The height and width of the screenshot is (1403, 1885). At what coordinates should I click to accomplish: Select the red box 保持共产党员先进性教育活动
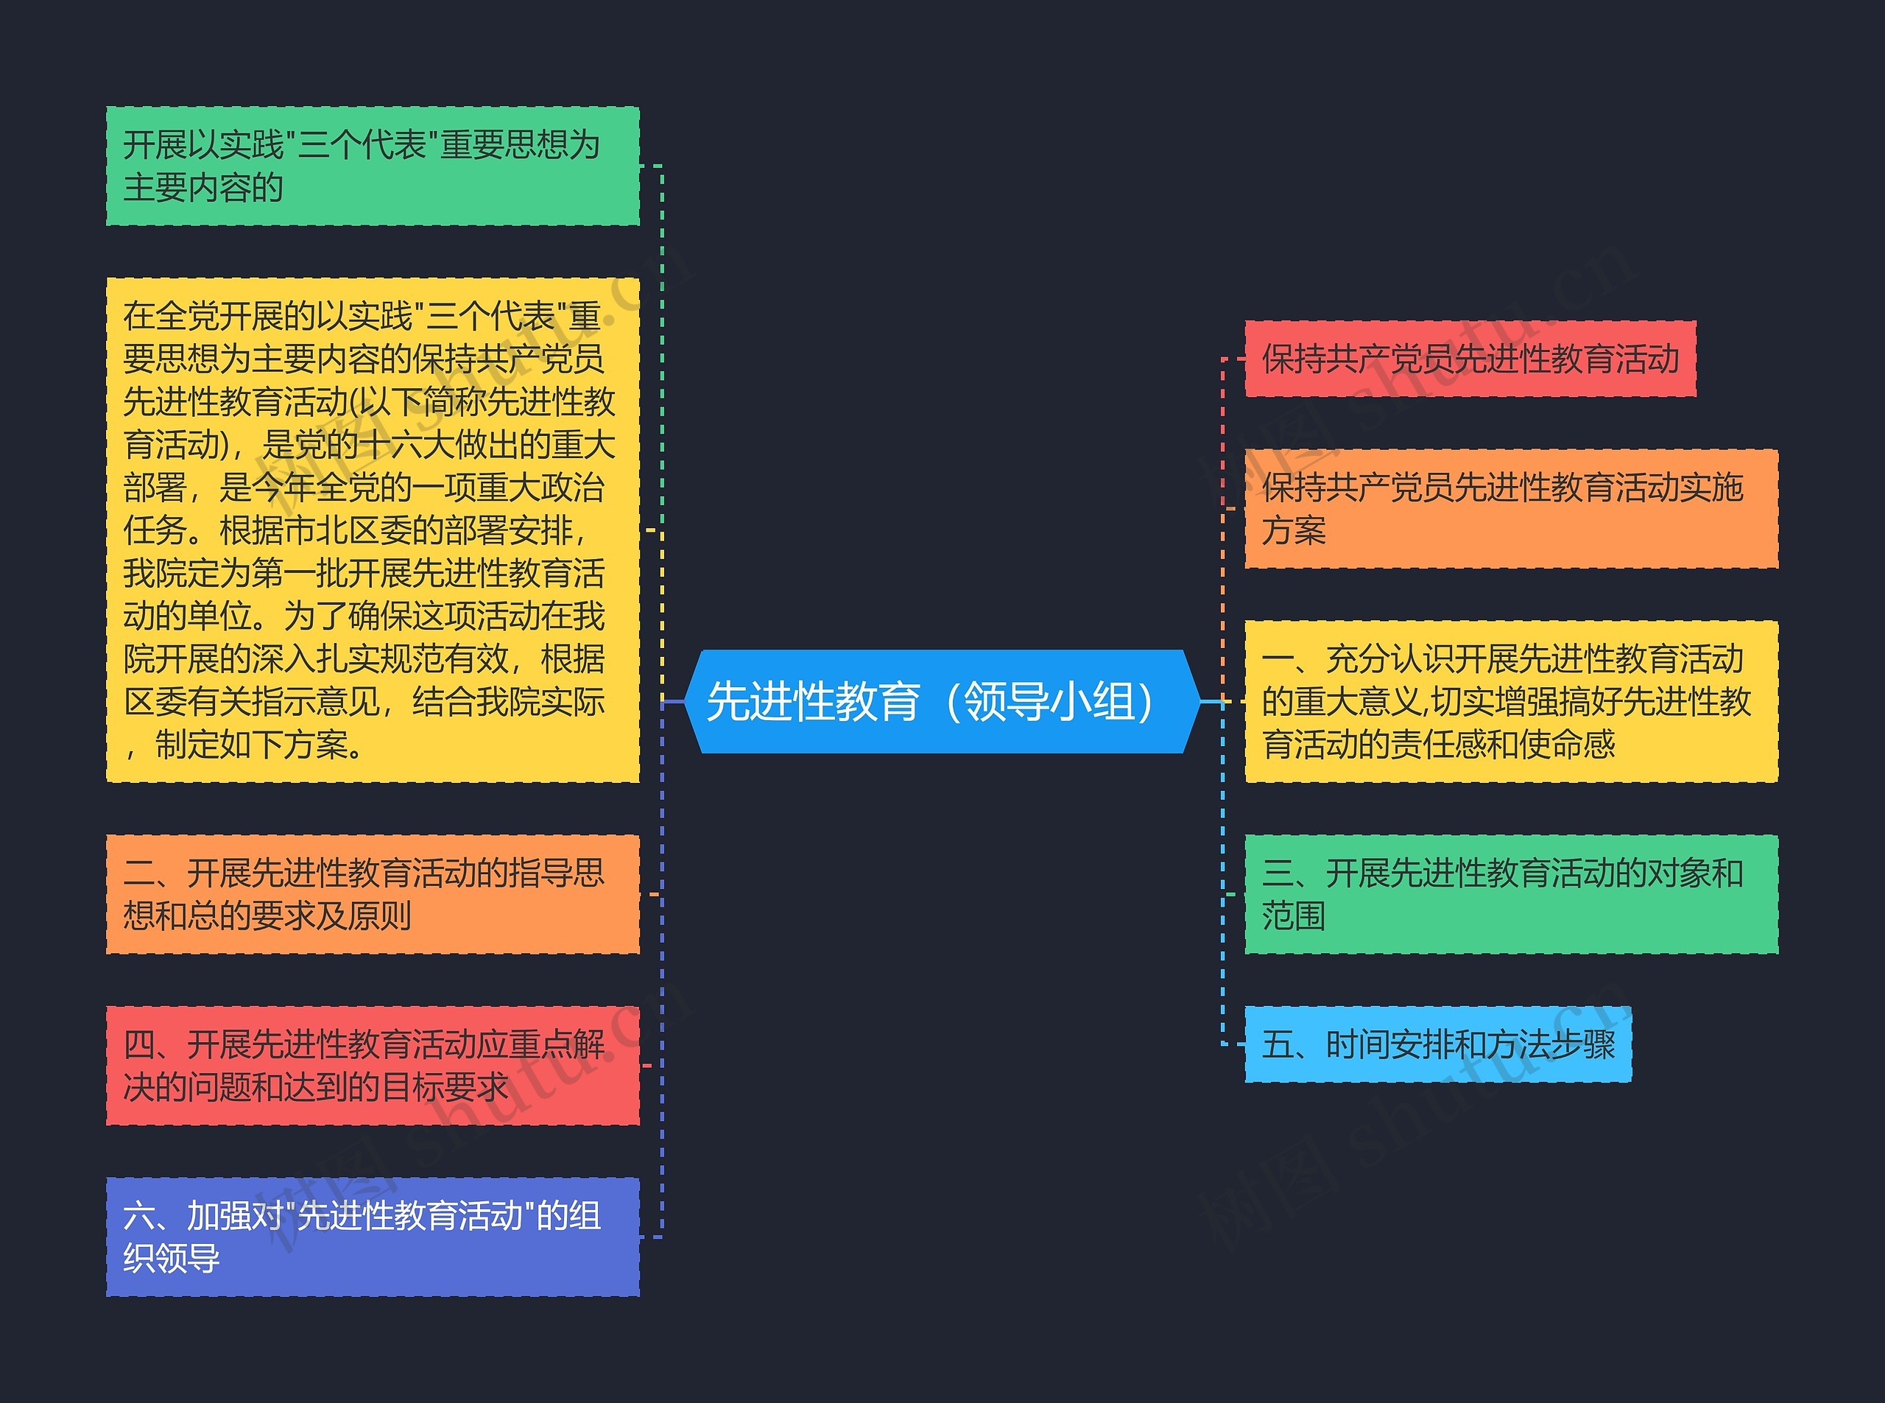pos(1470,359)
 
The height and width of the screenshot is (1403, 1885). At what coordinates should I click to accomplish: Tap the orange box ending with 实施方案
pos(1510,509)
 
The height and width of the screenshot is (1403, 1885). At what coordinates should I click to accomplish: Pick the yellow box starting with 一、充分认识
pos(1510,701)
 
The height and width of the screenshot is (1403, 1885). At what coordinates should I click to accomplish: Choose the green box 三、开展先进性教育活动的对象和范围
pos(1510,894)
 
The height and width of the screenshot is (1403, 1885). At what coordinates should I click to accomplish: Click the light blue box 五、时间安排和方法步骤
pos(1437,1044)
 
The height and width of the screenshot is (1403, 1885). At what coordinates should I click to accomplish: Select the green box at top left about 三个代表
pos(372,166)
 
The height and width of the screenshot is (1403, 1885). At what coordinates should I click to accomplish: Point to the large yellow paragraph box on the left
pos(372,530)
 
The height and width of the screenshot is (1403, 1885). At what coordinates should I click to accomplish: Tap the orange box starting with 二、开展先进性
pos(372,894)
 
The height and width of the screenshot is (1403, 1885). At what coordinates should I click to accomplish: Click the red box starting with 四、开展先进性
pos(372,1066)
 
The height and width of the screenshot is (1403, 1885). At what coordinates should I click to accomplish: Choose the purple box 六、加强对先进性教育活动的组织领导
pos(372,1237)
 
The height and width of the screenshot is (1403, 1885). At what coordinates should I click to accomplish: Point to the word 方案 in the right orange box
pos(1293,531)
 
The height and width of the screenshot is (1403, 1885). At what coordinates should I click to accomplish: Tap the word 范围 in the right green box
pos(1293,916)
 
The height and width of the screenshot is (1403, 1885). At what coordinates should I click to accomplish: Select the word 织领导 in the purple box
pos(172,1259)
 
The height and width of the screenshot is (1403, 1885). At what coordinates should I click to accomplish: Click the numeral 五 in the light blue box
pos(1277,1044)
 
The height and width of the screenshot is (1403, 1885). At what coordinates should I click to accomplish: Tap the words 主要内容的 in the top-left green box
pos(203,188)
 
